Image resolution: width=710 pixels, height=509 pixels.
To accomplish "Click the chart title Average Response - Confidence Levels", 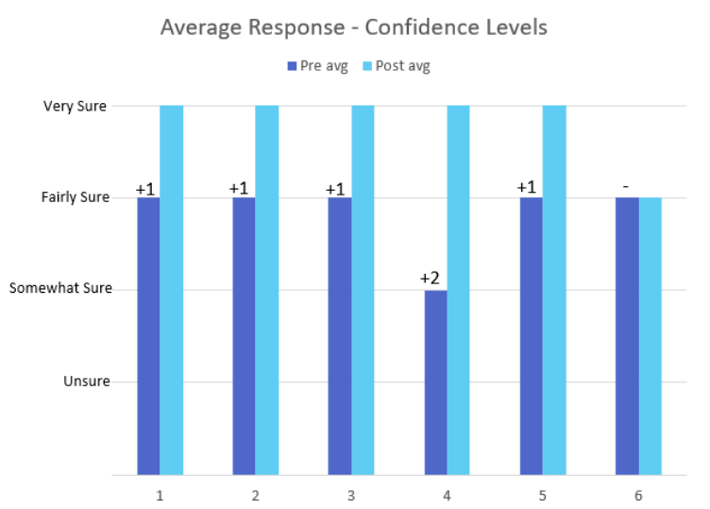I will tap(353, 26).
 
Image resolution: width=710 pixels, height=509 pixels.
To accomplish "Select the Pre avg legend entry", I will tap(317, 65).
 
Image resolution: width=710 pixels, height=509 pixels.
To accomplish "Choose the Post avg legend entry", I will tap(396, 65).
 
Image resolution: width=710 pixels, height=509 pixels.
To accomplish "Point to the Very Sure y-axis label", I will tap(75, 106).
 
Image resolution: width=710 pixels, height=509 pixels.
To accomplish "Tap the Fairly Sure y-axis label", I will tap(76, 197).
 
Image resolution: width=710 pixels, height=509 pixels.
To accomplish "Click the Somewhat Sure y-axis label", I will tap(60, 288).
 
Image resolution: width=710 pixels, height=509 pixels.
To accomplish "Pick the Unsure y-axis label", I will tap(87, 381).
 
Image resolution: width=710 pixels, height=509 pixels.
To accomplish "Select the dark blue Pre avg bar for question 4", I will tap(435, 382).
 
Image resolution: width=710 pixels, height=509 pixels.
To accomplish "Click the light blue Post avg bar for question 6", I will tap(650, 335).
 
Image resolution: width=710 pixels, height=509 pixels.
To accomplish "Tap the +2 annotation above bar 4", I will tap(431, 279).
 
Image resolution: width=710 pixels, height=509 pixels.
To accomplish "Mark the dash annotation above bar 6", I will tap(625, 186).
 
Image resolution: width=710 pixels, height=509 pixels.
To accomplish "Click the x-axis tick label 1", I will tap(160, 494).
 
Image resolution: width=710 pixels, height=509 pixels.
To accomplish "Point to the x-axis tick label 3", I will tap(351, 494).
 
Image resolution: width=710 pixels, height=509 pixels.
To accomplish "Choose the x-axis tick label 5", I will tap(543, 494).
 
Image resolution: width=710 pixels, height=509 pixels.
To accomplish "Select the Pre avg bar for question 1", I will tap(148, 335).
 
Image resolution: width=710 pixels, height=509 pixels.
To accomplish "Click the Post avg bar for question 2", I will tap(267, 289).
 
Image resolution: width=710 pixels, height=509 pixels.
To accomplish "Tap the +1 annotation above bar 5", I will tap(527, 187).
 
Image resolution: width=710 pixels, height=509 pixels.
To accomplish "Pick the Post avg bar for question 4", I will tap(458, 289).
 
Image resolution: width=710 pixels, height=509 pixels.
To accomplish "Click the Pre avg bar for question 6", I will tap(627, 335).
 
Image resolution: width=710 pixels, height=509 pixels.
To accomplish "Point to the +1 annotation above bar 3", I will tap(335, 189).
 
